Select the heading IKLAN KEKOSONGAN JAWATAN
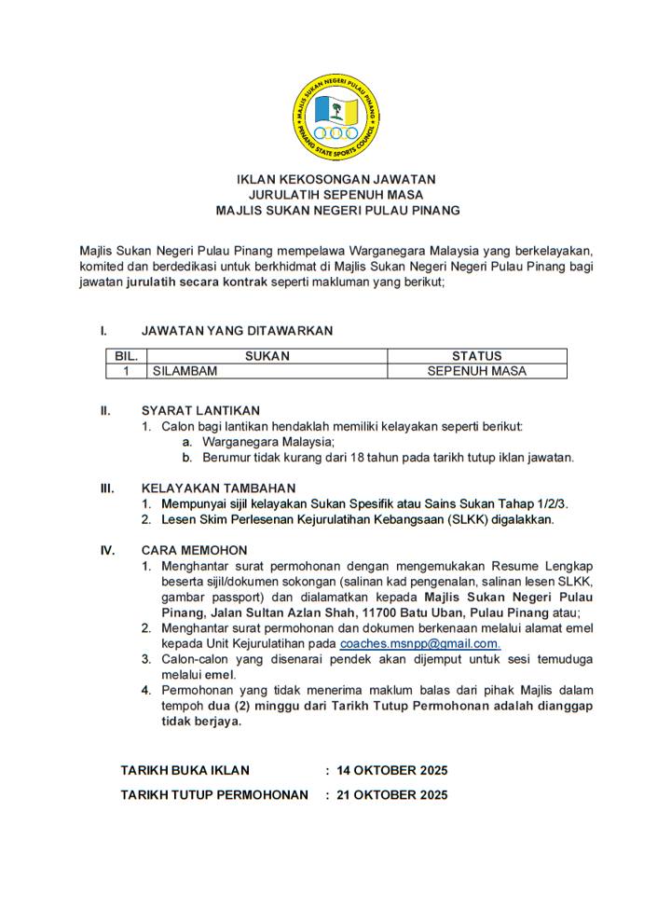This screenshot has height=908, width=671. pyautogui.click(x=335, y=178)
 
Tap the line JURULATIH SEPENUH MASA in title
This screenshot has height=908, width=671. pyautogui.click(x=335, y=194)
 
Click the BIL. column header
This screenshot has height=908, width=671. pyautogui.click(x=126, y=356)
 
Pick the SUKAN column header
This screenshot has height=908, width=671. pyautogui.click(x=267, y=356)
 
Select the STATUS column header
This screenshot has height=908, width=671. pyautogui.click(x=476, y=356)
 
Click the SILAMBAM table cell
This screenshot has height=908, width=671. pyautogui.click(x=185, y=371)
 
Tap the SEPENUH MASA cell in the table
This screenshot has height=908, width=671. pyautogui.click(x=476, y=371)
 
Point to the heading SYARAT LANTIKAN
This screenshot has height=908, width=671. pyautogui.click(x=200, y=410)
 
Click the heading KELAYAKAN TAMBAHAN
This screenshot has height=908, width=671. pyautogui.click(x=218, y=488)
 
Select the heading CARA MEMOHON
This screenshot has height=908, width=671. pyautogui.click(x=194, y=550)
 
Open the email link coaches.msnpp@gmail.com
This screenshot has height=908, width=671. pyautogui.click(x=419, y=644)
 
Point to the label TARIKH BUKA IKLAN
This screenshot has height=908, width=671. pyautogui.click(x=185, y=770)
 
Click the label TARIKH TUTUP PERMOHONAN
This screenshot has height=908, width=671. pyautogui.click(x=214, y=795)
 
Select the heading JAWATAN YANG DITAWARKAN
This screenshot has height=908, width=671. pyautogui.click(x=237, y=331)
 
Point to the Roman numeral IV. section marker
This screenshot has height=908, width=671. pyautogui.click(x=107, y=550)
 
